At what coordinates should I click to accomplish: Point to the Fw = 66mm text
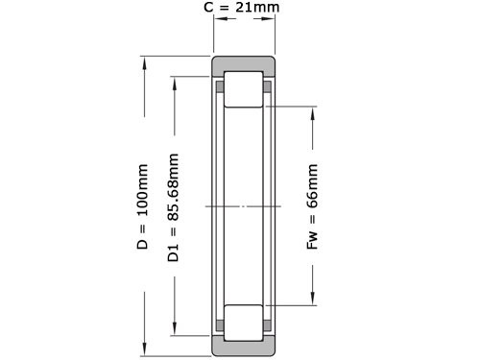(311, 207)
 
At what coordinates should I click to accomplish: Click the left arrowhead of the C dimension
(215, 28)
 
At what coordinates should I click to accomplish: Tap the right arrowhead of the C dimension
(273, 28)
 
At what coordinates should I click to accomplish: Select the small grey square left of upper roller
(221, 87)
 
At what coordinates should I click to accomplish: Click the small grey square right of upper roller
(267, 87)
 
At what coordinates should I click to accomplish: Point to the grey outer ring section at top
(244, 64)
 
